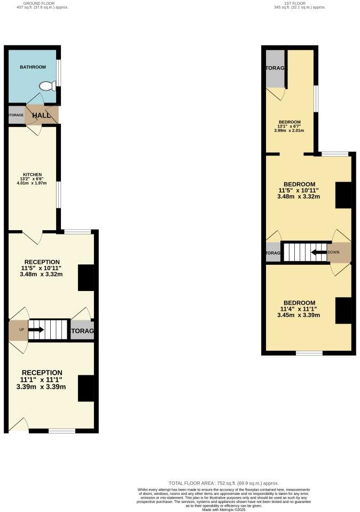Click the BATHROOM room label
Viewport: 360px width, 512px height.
(33, 67)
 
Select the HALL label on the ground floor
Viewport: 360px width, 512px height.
(41, 115)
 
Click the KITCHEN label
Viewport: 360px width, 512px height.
(32, 175)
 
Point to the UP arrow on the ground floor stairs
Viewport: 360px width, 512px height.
(36, 329)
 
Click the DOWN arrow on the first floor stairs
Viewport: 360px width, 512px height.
(319, 252)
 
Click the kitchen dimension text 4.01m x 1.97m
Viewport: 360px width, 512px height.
(32, 183)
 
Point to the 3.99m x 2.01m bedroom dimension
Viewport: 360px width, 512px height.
(289, 130)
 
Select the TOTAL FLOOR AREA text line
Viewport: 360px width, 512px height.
(223, 482)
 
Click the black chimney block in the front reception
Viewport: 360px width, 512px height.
(85, 388)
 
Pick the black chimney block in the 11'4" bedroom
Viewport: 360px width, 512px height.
(343, 311)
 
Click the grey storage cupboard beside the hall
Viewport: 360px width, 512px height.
(16, 115)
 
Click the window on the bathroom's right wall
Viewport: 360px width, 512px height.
(59, 73)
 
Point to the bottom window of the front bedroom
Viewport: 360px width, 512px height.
(309, 353)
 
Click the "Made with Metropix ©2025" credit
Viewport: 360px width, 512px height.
(223, 509)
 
